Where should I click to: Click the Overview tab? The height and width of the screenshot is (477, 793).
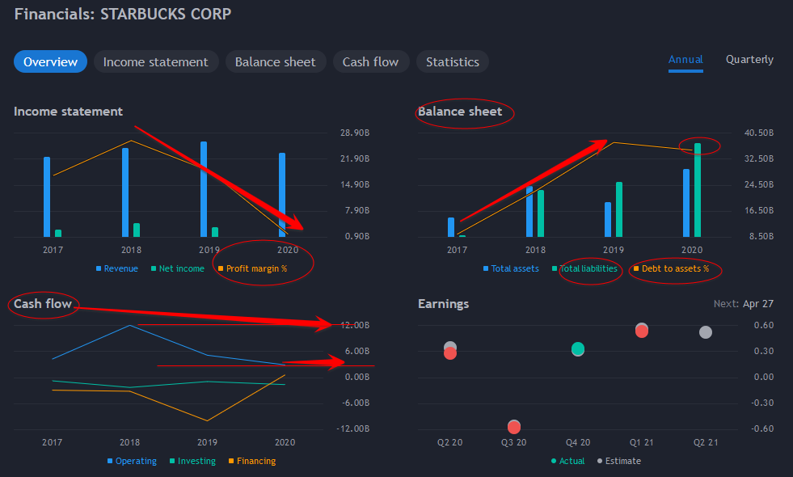(50, 62)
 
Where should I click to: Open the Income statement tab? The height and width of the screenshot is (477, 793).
(155, 62)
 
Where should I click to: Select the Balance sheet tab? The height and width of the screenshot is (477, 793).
(275, 62)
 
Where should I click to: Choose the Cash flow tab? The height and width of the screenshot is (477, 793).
(370, 62)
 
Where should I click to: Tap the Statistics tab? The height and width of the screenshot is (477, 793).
(452, 62)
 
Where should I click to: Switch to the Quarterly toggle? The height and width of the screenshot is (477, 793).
(749, 60)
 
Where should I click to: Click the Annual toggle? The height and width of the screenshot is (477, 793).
(685, 60)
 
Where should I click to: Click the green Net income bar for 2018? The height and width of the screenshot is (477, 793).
(137, 230)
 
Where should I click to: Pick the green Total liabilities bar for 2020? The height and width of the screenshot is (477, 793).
(698, 191)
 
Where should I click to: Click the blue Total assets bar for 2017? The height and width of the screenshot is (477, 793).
(451, 227)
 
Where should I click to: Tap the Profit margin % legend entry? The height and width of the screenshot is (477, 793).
(256, 268)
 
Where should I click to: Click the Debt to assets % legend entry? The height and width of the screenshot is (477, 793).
(674, 268)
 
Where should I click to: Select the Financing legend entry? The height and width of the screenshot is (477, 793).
(255, 461)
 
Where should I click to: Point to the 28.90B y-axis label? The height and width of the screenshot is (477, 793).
(356, 133)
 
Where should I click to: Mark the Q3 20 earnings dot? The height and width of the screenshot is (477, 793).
(513, 427)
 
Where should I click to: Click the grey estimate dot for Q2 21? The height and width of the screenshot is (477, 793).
(705, 332)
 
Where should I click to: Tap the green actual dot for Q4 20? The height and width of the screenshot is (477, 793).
(577, 349)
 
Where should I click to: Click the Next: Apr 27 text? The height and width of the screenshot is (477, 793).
(744, 304)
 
